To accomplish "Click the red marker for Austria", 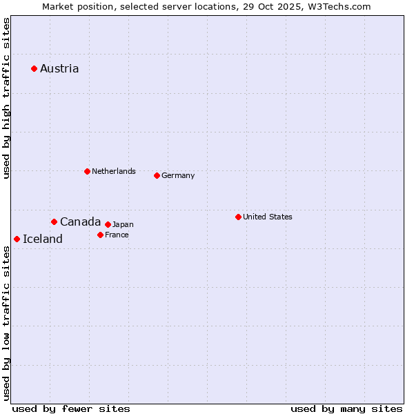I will [x=34, y=68].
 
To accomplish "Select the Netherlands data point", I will [x=87, y=171].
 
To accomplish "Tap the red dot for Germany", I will [x=157, y=175].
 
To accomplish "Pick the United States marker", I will [x=238, y=217].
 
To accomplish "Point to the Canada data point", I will [x=54, y=221].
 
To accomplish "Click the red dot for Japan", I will [x=108, y=224].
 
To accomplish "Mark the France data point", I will [x=100, y=235].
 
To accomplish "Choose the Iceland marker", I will [x=17, y=239].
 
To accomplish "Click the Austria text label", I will [x=59, y=68].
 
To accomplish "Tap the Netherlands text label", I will [x=114, y=171].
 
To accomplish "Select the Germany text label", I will [x=178, y=175].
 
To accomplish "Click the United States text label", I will [x=268, y=217].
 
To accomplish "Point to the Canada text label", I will [x=80, y=221].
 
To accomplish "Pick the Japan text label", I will [x=123, y=224].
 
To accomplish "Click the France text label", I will [x=117, y=235].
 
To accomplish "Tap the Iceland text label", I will [x=43, y=239].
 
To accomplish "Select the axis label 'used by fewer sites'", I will [x=71, y=408].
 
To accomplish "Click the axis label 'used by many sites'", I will [x=346, y=408].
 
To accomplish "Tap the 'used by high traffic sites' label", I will [x=6, y=98].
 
